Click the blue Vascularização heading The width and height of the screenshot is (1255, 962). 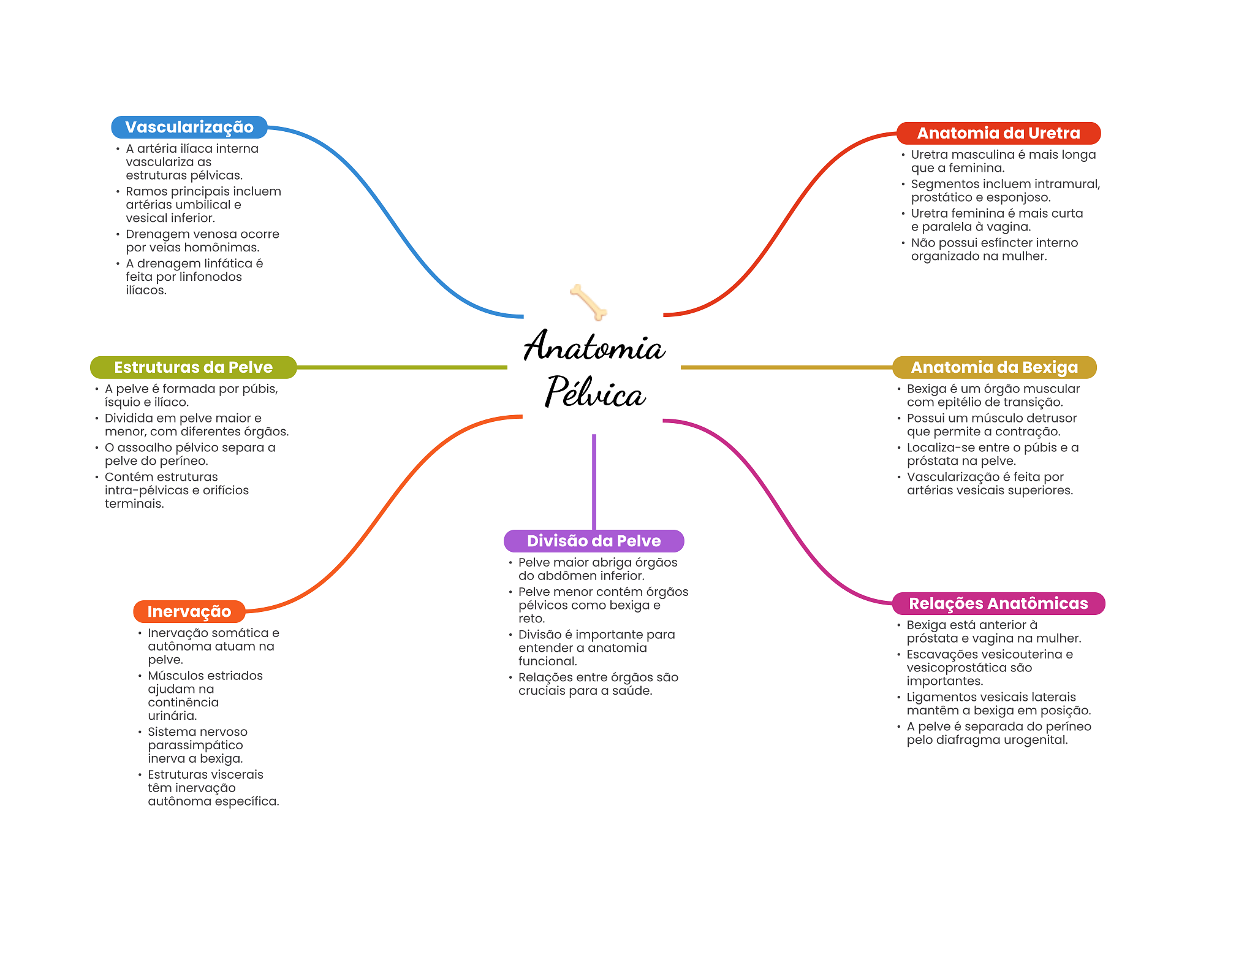coord(189,128)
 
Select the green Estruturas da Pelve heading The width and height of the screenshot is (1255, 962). coord(193,367)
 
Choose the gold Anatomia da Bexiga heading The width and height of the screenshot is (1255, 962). coord(994,367)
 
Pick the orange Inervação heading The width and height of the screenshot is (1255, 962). coord(189,611)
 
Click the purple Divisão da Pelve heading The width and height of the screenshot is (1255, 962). coord(593,541)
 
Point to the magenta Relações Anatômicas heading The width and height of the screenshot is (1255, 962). coord(998,603)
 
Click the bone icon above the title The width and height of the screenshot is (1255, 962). coord(588,302)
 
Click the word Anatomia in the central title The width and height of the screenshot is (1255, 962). coord(594,347)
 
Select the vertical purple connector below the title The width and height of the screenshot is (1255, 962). coord(594,481)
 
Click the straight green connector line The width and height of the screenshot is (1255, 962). coord(401,367)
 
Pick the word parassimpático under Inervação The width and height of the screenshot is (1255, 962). coord(195,745)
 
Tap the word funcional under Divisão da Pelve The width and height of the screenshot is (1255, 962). coord(547,661)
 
